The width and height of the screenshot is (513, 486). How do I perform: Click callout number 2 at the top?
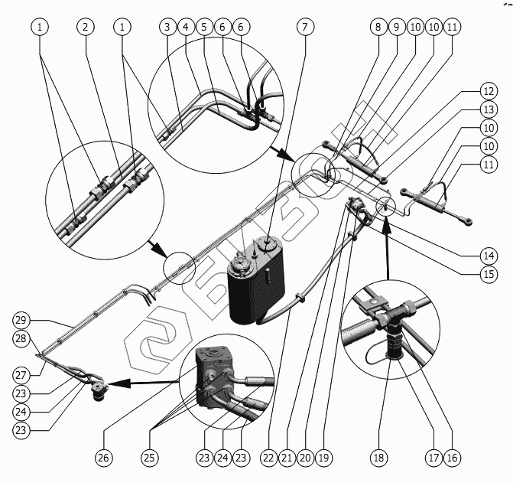point(86,27)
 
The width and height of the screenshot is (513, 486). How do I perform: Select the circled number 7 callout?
point(305,27)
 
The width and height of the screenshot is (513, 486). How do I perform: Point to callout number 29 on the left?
point(22,320)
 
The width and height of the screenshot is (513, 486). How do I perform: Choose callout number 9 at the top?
point(396,27)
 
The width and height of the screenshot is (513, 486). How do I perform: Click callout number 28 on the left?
point(22,338)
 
